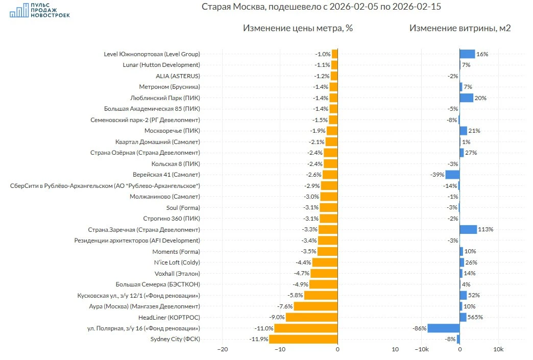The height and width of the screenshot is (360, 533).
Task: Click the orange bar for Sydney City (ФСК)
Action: [x=303, y=339]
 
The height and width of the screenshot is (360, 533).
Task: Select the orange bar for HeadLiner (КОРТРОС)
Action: [x=311, y=317]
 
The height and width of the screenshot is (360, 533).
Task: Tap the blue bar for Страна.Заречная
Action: [x=468, y=229]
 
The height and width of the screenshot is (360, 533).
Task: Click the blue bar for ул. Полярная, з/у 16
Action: [x=443, y=328]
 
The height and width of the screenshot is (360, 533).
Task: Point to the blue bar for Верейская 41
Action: [x=452, y=175]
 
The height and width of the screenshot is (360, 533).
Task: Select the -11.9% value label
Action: [x=258, y=339]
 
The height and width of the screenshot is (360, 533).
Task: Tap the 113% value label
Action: [x=486, y=229]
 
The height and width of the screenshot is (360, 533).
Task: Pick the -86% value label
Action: [x=420, y=328]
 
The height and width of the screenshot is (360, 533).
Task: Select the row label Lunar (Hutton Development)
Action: [x=161, y=65]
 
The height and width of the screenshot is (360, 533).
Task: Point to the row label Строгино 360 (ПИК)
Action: [x=173, y=219]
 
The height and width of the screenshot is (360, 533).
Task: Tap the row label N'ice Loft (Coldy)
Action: [x=177, y=262]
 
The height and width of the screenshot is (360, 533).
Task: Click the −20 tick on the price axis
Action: [x=222, y=350]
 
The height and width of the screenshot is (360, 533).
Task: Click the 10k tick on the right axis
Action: [x=498, y=350]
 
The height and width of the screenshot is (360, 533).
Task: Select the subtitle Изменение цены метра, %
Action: [x=298, y=28]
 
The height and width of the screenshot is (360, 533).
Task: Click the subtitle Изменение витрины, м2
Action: [x=459, y=28]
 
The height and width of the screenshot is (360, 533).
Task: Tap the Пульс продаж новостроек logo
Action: [x=40, y=10]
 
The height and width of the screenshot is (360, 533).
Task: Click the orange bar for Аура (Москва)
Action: [x=316, y=306]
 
